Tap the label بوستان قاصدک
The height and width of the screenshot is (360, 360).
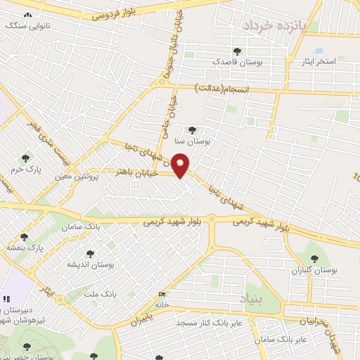pos(240,62)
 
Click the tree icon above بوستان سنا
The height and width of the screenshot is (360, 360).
pos(192,129)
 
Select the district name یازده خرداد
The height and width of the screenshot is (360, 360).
pos(276,25)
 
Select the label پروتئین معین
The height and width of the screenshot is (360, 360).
pos(84,177)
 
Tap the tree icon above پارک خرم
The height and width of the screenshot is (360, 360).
pos(27,158)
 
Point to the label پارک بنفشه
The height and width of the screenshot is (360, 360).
pos(24,248)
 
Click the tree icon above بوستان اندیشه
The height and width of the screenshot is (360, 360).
pos(89,253)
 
